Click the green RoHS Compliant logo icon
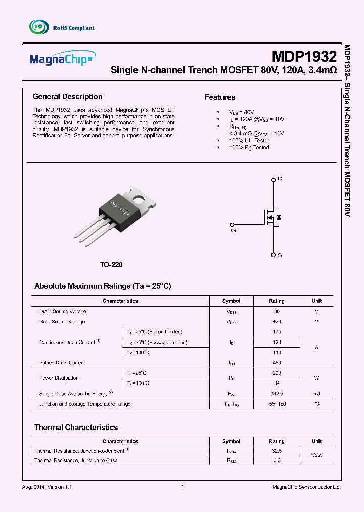(38, 27)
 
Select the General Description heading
(67, 97)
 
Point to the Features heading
(220, 97)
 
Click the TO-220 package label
(111, 265)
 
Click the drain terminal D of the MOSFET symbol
(274, 179)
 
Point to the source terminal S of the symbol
(274, 255)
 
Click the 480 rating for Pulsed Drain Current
(277, 363)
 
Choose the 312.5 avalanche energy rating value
(277, 394)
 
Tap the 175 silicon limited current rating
(277, 332)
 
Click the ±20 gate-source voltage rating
(277, 322)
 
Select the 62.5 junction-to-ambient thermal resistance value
(277, 450)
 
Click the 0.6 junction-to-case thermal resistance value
(277, 460)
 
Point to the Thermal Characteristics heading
(76, 428)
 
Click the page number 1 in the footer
(182, 486)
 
